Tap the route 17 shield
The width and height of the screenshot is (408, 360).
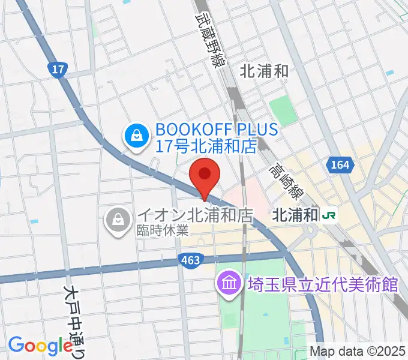click(57, 70)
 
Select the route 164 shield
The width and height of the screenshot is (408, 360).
click(336, 164)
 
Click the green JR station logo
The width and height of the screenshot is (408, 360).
click(328, 215)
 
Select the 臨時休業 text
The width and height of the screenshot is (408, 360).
click(162, 230)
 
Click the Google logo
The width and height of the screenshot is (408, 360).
click(40, 345)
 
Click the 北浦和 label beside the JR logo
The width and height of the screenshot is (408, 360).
click(295, 215)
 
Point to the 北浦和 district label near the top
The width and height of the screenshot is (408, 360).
click(264, 71)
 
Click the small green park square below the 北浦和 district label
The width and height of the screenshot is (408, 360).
click(283, 110)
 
